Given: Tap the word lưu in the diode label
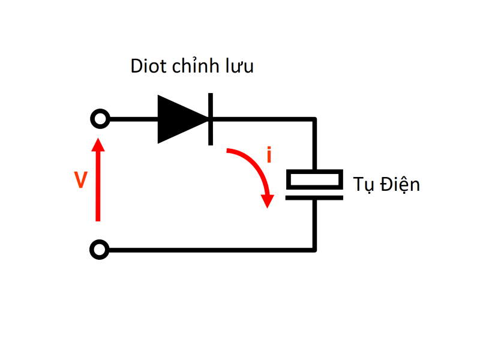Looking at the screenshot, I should (x=240, y=67).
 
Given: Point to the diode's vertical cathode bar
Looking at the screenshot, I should (x=211, y=119).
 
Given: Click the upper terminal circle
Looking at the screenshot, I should (x=100, y=119).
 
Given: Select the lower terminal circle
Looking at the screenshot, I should (x=100, y=249).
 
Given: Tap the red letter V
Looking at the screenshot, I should (x=81, y=180).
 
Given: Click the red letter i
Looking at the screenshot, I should (x=269, y=155).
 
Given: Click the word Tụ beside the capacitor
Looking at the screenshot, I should (x=362, y=184).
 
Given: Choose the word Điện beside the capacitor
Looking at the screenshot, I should (x=398, y=184).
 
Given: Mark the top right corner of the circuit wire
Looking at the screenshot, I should (x=314, y=119).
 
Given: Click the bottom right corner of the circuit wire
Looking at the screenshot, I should (x=314, y=249).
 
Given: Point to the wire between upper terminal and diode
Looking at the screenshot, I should (x=132, y=119).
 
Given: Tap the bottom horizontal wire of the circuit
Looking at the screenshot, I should (x=210, y=249).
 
